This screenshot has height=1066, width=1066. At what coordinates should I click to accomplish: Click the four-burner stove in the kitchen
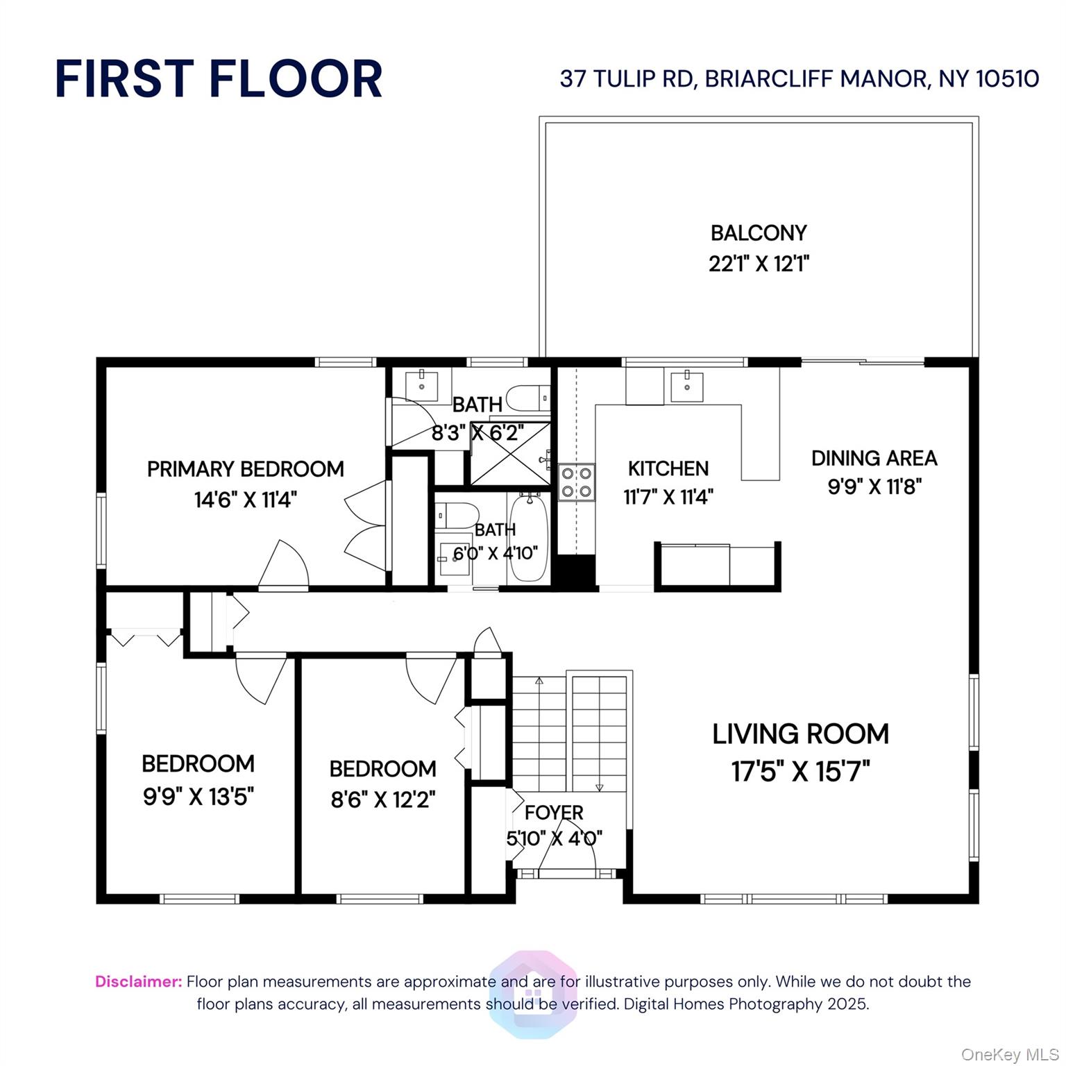577,482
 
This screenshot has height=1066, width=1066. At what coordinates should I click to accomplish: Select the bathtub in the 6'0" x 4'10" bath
529,538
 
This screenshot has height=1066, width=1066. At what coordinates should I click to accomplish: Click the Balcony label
759,232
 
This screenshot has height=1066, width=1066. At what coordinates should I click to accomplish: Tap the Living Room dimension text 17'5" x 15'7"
800,771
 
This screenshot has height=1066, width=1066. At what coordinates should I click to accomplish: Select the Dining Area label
874,458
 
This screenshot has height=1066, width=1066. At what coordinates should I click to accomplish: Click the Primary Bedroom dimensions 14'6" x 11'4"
246,500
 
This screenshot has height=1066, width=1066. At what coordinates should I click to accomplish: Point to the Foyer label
554,812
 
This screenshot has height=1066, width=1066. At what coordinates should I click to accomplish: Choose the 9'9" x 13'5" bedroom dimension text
198,796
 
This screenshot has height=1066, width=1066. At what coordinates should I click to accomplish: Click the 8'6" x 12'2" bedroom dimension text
382,799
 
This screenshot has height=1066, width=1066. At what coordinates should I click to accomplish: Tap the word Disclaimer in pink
138,981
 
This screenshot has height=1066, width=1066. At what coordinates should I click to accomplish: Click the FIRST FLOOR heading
219,78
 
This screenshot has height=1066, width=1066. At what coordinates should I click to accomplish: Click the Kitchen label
668,468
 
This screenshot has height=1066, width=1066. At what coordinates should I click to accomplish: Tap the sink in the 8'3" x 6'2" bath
421,383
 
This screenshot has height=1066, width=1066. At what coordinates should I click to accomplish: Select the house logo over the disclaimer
533,994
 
